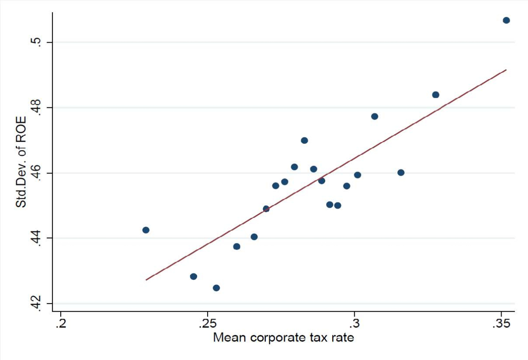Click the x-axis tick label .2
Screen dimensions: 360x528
click(x=61, y=325)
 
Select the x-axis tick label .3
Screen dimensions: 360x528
click(x=354, y=325)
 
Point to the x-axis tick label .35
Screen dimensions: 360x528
click(x=501, y=325)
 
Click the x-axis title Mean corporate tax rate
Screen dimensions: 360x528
click(x=283, y=338)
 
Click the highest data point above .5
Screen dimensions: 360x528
click(x=506, y=20)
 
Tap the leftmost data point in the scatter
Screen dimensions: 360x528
click(x=146, y=230)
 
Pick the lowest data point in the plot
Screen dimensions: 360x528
click(x=216, y=288)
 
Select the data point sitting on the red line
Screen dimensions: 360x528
click(x=266, y=209)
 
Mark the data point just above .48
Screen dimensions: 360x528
click(x=436, y=95)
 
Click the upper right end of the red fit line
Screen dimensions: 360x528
click(x=506, y=70)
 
